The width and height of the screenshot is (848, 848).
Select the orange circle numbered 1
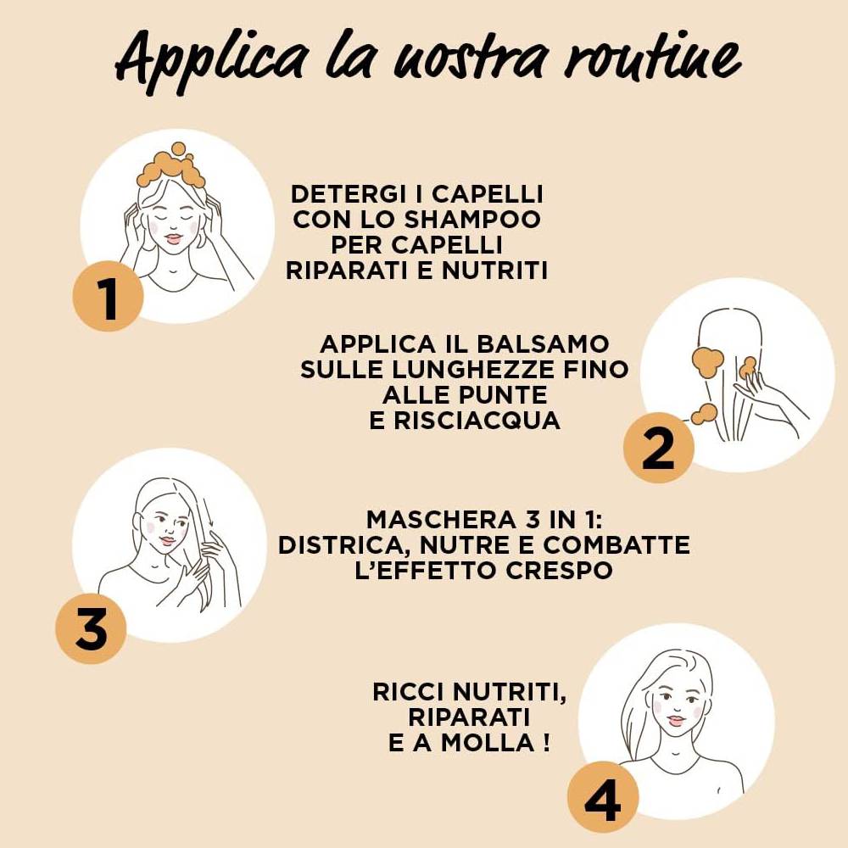[x=109, y=296]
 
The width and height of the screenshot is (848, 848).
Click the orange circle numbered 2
[x=658, y=448]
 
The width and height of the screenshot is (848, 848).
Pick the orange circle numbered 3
[x=91, y=628]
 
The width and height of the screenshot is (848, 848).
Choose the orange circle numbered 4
[x=602, y=796]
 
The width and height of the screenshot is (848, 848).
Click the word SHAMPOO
[x=472, y=219]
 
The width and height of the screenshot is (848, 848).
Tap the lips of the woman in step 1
[x=174, y=238]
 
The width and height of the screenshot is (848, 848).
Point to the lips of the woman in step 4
[x=677, y=721]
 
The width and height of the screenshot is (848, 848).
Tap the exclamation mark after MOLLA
[x=546, y=743]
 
